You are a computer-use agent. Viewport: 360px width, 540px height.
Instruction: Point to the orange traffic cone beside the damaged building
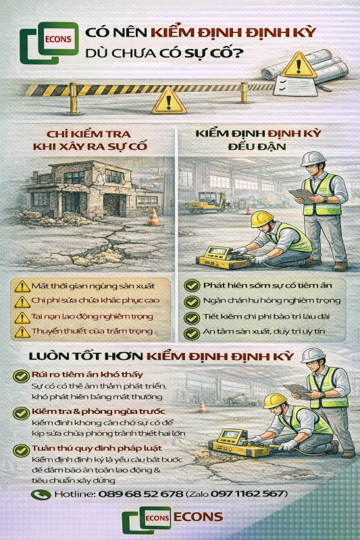(x=155, y=217)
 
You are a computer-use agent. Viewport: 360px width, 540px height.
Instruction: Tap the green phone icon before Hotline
(x=42, y=495)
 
